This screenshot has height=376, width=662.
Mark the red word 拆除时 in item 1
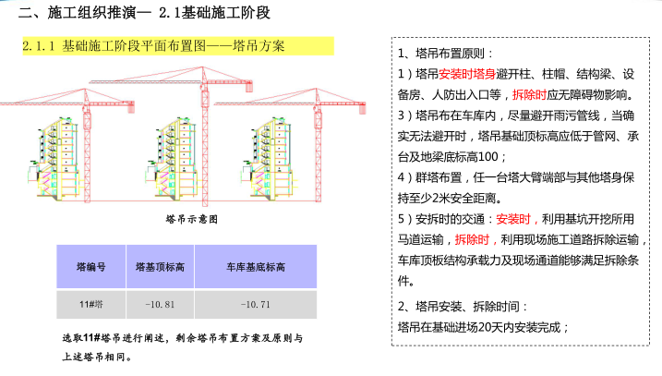tap(531, 94)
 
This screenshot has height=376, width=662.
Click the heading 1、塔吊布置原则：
tap(446, 53)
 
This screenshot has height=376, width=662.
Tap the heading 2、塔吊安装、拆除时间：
tap(463, 306)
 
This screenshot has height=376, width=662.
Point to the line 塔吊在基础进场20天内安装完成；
tap(482, 326)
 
